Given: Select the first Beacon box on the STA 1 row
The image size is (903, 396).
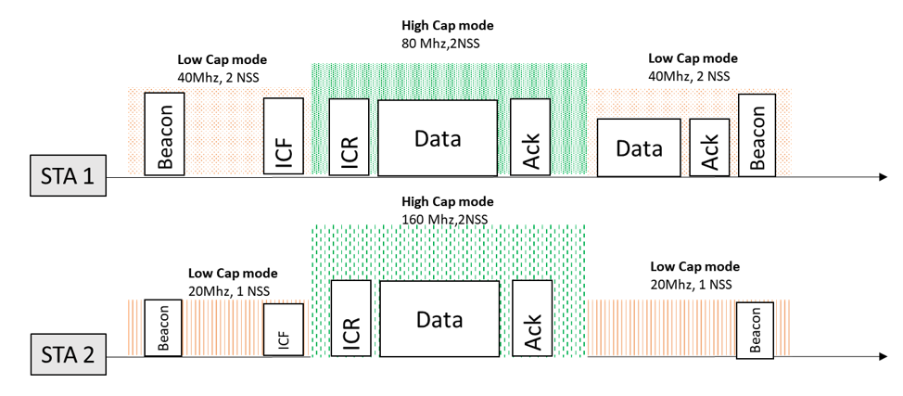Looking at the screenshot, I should click(x=166, y=134).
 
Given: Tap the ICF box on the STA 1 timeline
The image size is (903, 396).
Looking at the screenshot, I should click(x=284, y=135).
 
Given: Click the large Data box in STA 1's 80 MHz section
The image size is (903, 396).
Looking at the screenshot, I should click(x=438, y=137).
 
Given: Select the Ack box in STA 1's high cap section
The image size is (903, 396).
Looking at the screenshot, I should click(x=531, y=136).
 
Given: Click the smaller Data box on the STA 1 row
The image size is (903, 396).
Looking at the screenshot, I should click(x=639, y=148).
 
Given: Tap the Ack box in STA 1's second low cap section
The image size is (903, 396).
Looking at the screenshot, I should click(x=710, y=148).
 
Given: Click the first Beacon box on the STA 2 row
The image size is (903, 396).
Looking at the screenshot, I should click(x=163, y=328).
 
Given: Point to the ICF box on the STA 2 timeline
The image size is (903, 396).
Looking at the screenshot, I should click(x=284, y=330).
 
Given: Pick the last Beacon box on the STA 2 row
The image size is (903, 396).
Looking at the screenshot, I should click(x=755, y=330).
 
